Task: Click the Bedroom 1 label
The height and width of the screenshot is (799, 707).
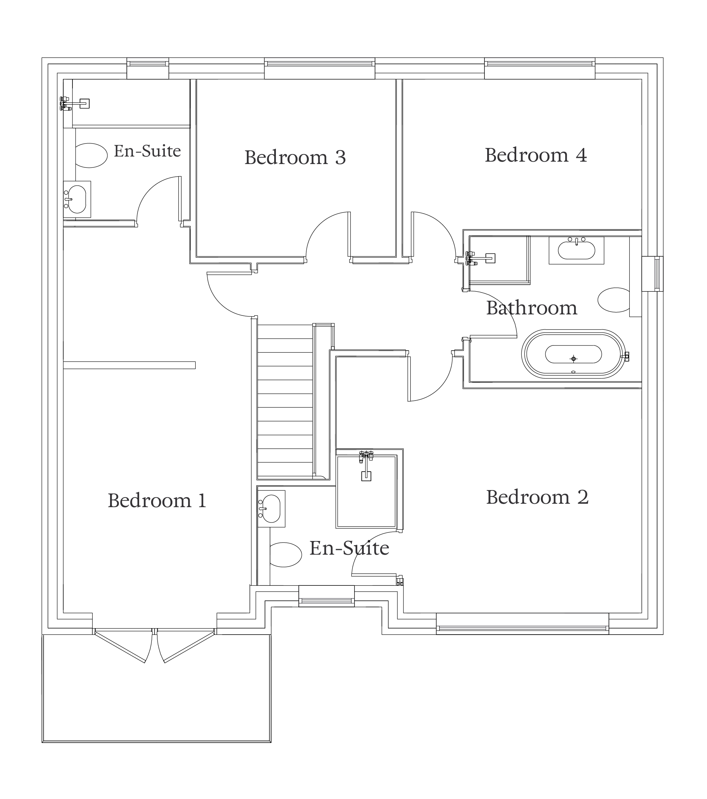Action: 157,501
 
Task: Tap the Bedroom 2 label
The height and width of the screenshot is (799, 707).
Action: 537,497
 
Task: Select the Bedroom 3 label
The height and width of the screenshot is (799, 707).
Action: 295,158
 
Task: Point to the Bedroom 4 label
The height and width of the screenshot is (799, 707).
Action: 536,155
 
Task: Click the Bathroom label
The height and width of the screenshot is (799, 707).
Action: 532,308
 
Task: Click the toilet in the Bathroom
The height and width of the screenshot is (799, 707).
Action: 614,300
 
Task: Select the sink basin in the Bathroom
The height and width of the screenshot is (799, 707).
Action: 576,250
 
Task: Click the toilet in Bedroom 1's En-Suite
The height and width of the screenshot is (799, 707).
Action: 91,155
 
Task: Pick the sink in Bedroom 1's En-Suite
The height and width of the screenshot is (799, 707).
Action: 77,199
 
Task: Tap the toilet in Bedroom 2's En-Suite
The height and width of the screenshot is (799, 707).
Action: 285,555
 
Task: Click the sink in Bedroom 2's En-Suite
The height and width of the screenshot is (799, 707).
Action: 271,509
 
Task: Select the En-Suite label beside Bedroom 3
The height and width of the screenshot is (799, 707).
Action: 147,151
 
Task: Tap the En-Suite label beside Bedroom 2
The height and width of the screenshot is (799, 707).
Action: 349,548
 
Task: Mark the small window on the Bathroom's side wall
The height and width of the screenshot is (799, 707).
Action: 653,274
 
